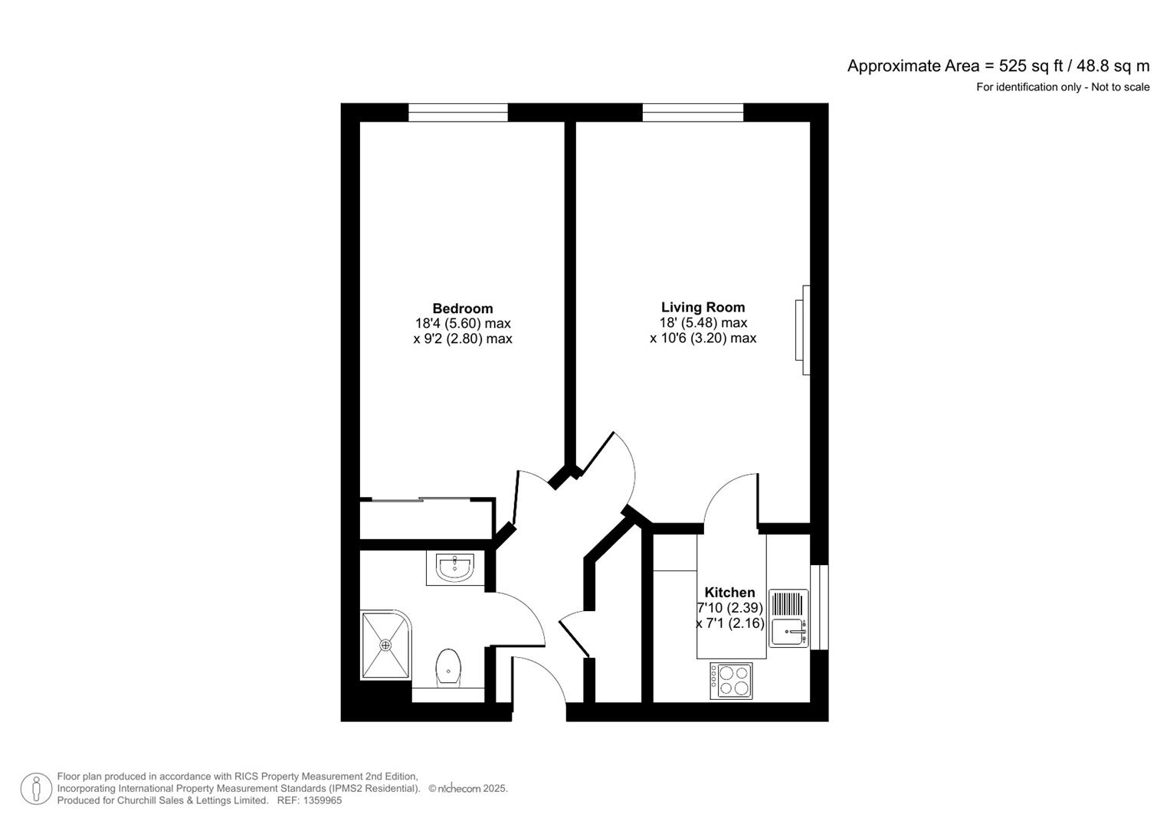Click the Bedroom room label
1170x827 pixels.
pos(462,309)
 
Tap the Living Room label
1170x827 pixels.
pos(703,308)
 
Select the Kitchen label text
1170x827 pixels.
pos(729,593)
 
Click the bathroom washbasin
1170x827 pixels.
pos(455,567)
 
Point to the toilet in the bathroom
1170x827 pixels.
pos(448,667)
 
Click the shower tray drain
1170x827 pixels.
pos(385,645)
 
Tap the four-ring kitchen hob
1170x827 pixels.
pos(731,680)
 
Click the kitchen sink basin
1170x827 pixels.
pos(787,633)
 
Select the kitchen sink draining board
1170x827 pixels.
pos(788,604)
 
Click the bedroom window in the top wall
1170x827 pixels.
pos(457,113)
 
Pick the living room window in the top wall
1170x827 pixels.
pos(693,113)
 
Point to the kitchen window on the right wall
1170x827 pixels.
pos(819,607)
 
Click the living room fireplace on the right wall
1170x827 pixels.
pos(803,330)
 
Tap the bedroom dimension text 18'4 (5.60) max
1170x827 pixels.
pos(463,323)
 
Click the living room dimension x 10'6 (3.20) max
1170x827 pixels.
pos(703,338)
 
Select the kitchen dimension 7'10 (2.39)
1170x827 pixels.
pos(729,608)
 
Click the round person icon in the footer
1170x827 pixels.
pos(35,789)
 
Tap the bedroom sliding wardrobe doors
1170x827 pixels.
pos(428,500)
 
